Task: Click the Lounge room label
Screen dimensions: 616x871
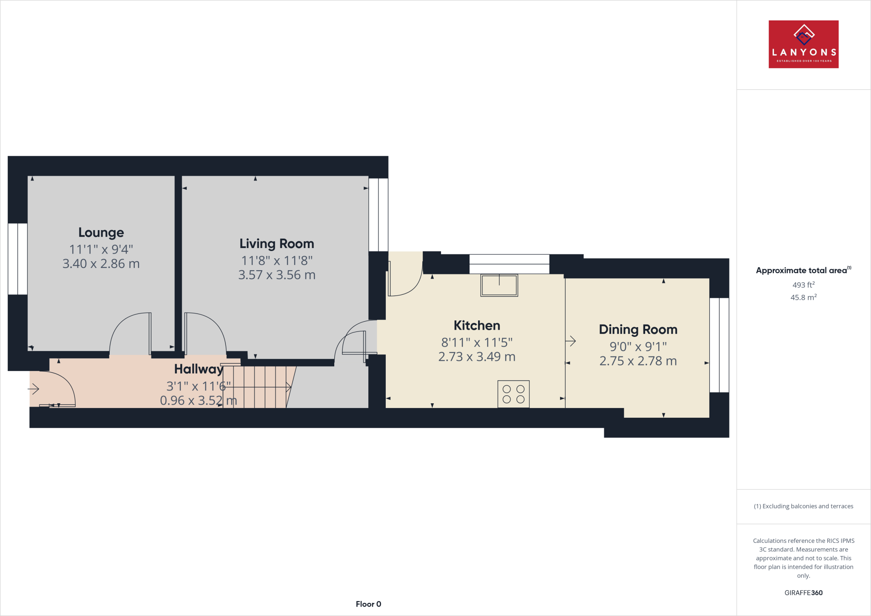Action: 101,233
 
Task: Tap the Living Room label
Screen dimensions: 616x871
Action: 276,244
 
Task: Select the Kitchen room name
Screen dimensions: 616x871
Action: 477,325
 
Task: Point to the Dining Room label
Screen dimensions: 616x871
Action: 638,330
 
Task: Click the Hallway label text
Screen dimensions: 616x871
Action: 199,369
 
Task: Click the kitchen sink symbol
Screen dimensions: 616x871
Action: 499,285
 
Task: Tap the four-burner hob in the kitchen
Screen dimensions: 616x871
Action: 513,394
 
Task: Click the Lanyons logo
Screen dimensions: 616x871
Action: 803,44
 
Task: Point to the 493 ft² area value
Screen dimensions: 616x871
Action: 803,285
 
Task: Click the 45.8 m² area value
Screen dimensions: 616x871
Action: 803,297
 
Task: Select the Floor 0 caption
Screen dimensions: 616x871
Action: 368,604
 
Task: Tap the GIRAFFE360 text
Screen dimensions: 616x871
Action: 803,593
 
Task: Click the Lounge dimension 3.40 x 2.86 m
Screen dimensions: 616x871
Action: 101,264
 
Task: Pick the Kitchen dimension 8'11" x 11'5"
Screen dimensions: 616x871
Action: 477,342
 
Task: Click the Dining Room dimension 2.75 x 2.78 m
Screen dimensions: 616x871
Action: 638,361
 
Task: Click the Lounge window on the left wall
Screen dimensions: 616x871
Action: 17,259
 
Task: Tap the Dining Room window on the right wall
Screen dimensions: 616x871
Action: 719,345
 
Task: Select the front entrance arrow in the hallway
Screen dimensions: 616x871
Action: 34,388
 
